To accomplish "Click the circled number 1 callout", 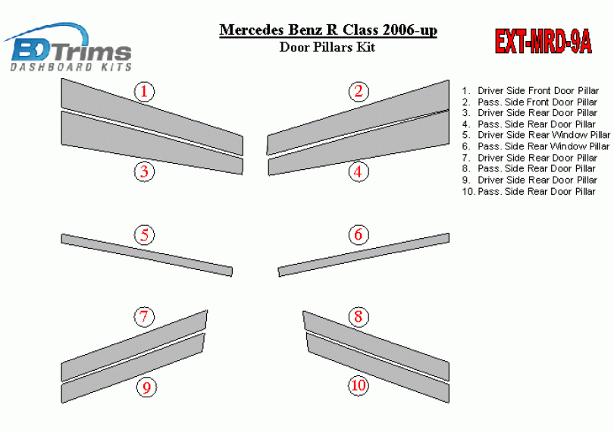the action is pyautogui.click(x=145, y=91).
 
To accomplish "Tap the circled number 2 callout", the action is pyautogui.click(x=359, y=91).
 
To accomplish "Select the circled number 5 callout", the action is pyautogui.click(x=145, y=235).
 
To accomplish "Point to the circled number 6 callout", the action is pyautogui.click(x=359, y=235).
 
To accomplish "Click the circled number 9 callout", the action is pyautogui.click(x=146, y=388).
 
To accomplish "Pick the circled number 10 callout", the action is pyautogui.click(x=359, y=385).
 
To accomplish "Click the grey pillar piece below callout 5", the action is pyautogui.click(x=147, y=255).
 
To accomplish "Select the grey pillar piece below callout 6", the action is pyautogui.click(x=363, y=255).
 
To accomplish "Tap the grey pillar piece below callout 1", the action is pyautogui.click(x=152, y=117).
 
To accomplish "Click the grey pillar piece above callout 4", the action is pyautogui.click(x=359, y=143).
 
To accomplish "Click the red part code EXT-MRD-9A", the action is pyautogui.click(x=544, y=42).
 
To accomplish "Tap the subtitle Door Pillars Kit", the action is pyautogui.click(x=327, y=47).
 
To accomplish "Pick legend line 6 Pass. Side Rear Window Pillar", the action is pyautogui.click(x=536, y=146).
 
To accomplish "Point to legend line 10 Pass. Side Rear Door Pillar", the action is pyautogui.click(x=529, y=192).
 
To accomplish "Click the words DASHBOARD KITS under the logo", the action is pyautogui.click(x=71, y=67).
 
